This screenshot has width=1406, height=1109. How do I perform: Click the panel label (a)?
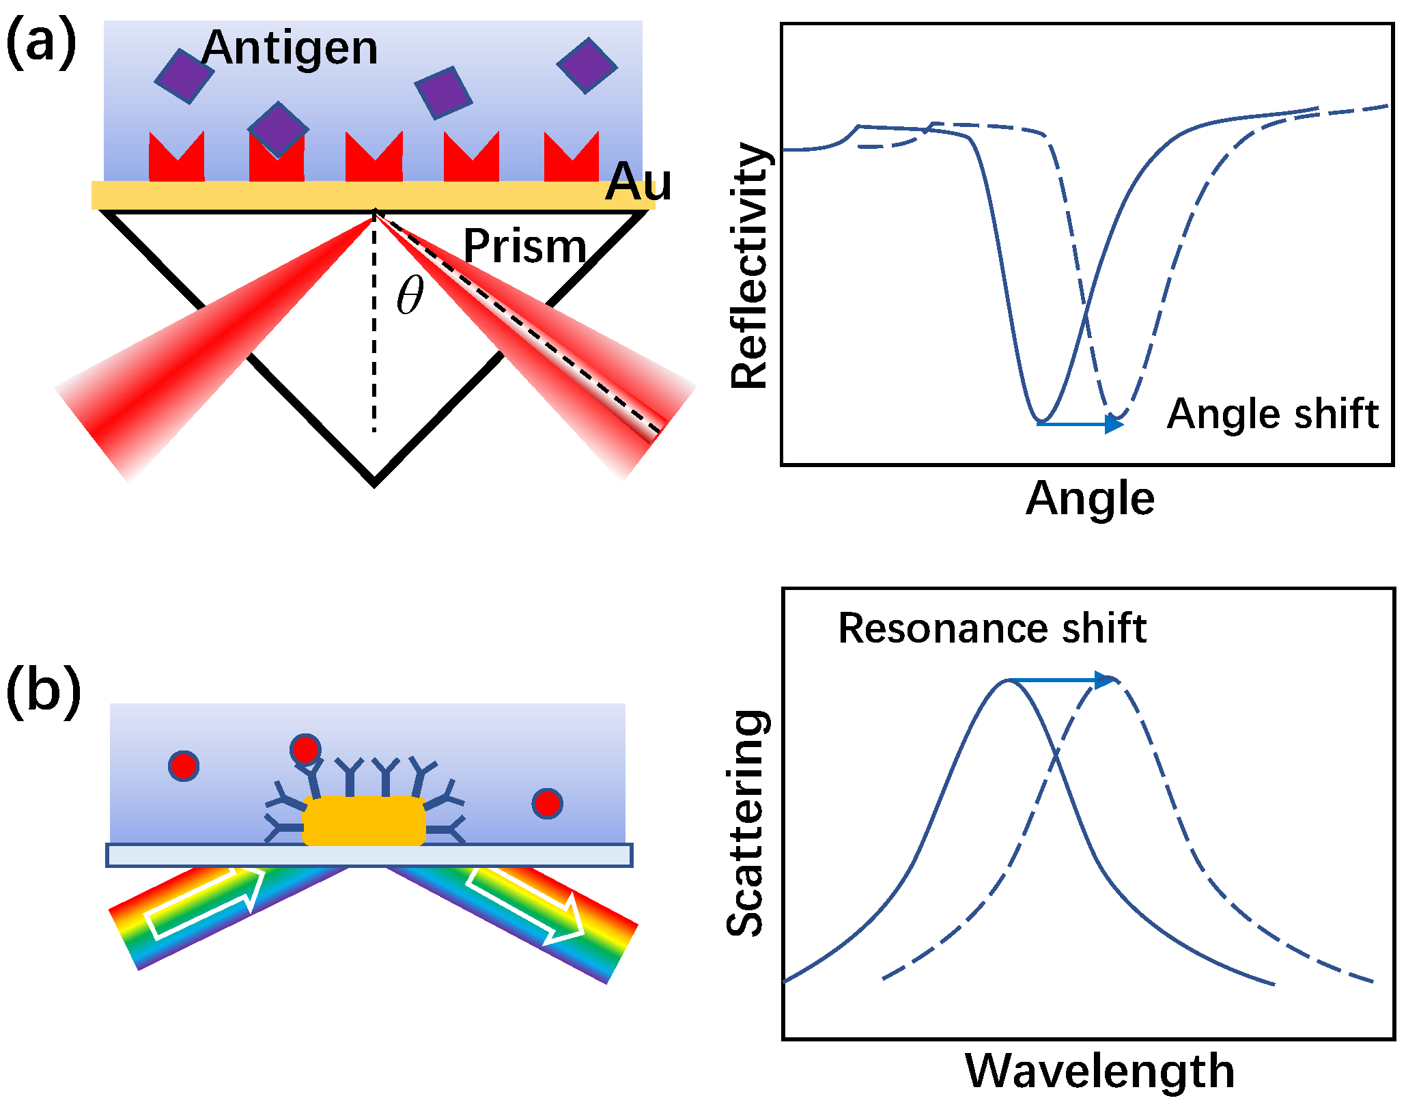pyautogui.click(x=41, y=42)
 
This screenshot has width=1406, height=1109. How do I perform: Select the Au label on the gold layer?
pyautogui.click(x=638, y=182)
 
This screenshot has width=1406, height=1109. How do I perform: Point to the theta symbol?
pyautogui.click(x=410, y=295)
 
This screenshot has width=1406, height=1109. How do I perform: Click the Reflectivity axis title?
pyautogui.click(x=749, y=266)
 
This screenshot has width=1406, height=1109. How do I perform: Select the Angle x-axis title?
pyautogui.click(x=1090, y=499)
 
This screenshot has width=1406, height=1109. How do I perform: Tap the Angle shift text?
pyautogui.click(x=1273, y=414)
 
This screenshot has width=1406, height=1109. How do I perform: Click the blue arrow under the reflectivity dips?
pyautogui.click(x=1079, y=424)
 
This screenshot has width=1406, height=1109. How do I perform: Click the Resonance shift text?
pyautogui.click(x=992, y=628)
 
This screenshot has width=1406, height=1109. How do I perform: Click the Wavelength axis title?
pyautogui.click(x=1099, y=1071)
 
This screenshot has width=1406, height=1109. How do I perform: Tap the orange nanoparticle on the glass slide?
pyautogui.click(x=364, y=821)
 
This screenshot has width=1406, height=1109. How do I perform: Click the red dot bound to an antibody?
pyautogui.click(x=305, y=749)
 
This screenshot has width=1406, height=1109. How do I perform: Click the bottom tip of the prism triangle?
pyautogui.click(x=374, y=483)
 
